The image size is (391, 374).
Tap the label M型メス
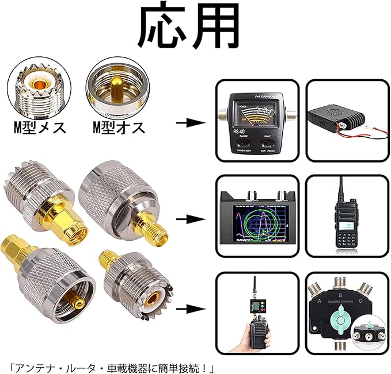tap(39, 127)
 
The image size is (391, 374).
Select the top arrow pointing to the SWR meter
tap(190, 122)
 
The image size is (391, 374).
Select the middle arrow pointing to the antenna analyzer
tap(190, 219)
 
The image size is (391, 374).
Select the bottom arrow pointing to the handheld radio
tap(190, 310)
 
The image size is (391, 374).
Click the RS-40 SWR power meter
tap(257, 122)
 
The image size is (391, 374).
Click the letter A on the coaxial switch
tap(316, 299)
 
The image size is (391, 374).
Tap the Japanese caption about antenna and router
tap(115, 367)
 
